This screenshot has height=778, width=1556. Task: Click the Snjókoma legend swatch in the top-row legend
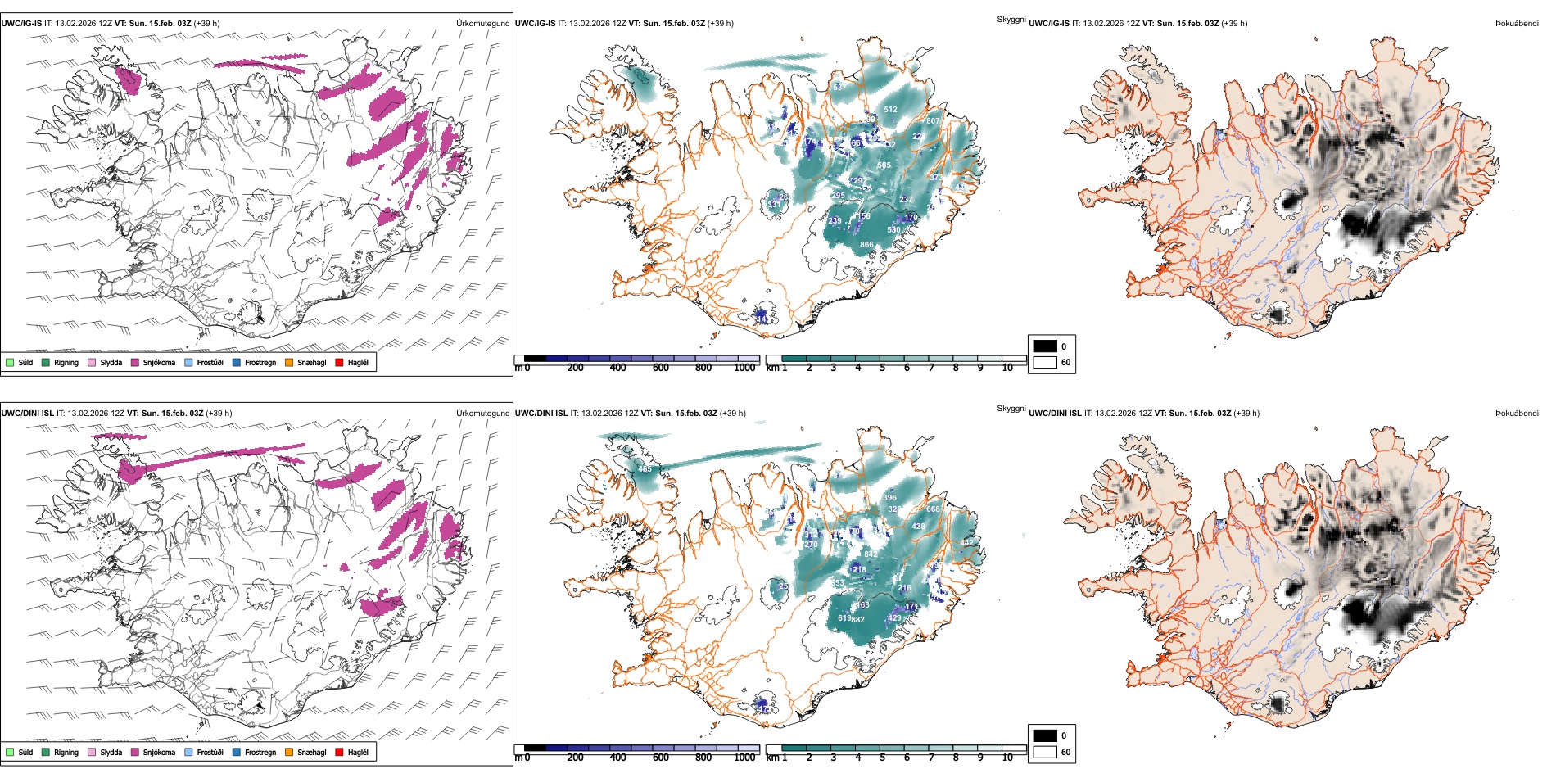click(135, 362)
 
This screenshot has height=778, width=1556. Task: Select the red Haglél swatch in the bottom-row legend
click(340, 752)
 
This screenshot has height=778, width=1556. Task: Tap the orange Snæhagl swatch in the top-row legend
click(289, 362)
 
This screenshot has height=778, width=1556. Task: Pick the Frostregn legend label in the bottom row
click(260, 752)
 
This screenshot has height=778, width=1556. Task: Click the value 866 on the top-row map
click(866, 245)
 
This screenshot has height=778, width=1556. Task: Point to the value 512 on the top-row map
click(890, 110)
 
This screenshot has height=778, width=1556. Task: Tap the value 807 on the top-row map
click(933, 121)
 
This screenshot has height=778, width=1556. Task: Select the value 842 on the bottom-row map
click(871, 554)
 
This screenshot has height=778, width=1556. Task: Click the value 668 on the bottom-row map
click(933, 509)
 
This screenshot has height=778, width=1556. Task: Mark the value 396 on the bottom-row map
click(889, 498)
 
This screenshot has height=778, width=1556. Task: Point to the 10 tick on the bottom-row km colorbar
click(1007, 758)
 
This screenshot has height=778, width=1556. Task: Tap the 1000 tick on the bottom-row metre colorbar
click(744, 758)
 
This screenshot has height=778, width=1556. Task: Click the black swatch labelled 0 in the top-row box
click(1045, 346)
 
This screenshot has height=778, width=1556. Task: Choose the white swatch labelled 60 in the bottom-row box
click(1045, 752)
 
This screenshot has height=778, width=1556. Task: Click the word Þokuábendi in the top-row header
click(1517, 24)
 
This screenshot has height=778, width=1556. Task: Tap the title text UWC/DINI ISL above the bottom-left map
click(28, 414)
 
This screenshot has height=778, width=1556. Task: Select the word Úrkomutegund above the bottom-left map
click(482, 414)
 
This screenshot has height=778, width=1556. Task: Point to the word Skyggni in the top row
click(1011, 20)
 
